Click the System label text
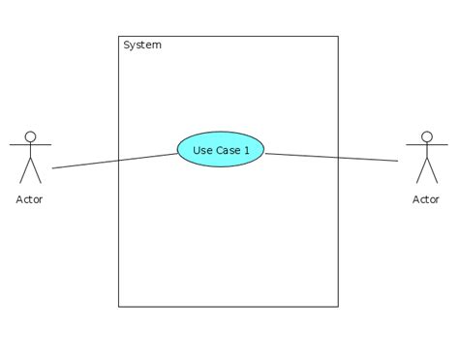coord(142,45)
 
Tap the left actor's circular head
coord(30,137)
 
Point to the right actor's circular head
coord(426,137)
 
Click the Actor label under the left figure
coord(30,199)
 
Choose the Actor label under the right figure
coord(426,199)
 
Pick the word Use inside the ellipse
coord(202,150)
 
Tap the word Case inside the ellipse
coord(227,150)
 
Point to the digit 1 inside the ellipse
coord(246,150)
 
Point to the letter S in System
coord(127,45)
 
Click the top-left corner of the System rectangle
coord(118,37)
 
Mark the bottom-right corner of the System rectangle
coord(338,307)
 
